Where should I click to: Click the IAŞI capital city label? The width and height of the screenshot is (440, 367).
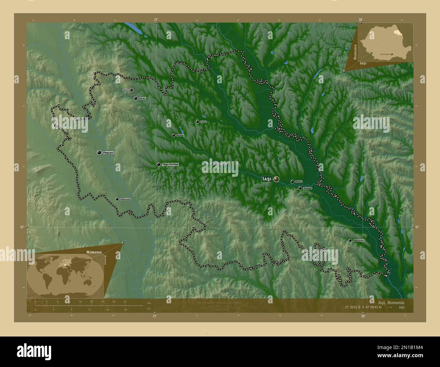267,179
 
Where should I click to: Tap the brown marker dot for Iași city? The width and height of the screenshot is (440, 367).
277,179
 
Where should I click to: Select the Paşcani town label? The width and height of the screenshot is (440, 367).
109,153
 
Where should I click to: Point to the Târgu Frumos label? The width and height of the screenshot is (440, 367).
170,164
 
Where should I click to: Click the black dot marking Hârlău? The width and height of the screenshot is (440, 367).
135,99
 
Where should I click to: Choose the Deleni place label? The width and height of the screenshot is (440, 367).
125,90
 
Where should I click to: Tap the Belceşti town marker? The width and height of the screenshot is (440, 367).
173,135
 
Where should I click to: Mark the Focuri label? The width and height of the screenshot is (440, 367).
203,122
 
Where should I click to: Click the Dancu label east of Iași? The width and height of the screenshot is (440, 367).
299,182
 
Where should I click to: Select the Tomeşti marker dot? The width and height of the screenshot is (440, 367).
300,188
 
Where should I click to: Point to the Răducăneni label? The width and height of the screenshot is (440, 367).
358,240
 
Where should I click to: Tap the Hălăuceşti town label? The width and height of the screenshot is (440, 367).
125,199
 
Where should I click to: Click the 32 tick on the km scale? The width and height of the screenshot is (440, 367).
125,301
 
